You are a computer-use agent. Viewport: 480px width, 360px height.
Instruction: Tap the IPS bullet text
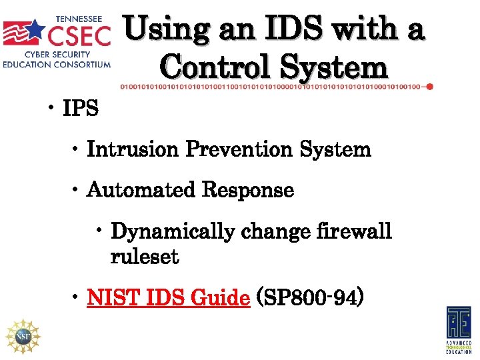coord(81,109)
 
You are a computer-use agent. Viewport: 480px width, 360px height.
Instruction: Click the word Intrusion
coord(133,149)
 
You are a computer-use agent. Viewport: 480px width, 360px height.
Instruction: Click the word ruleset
coord(144,257)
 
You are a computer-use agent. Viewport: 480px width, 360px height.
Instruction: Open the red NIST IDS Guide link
coord(168,297)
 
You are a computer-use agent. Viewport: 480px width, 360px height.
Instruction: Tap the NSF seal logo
coord(23,335)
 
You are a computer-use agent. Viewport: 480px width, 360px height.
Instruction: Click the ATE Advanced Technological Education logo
coord(458,329)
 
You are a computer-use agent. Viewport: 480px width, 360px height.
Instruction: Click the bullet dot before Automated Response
coord(77,191)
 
